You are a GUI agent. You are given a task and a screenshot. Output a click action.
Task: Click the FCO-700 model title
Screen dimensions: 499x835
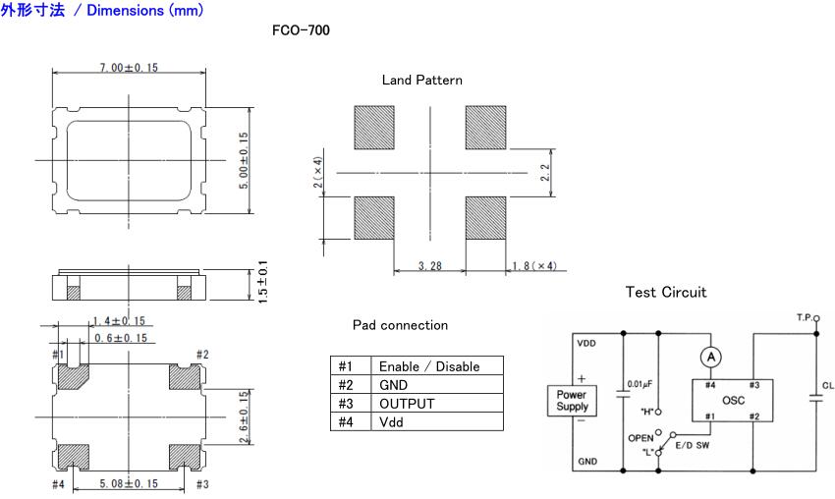pos(301,30)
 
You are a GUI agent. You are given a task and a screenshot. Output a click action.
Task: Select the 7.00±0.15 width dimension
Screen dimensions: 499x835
pos(128,67)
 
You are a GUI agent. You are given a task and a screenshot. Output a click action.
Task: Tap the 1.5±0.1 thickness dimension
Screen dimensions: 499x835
pos(262,282)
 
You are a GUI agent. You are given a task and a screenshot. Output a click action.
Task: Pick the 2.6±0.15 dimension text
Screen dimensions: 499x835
pos(243,417)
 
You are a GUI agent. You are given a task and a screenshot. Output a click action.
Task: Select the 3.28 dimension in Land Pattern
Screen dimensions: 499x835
pos(430,265)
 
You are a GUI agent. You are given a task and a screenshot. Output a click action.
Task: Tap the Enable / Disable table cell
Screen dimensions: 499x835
pos(429,366)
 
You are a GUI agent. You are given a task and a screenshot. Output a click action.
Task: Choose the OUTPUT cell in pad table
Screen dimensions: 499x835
pos(406,404)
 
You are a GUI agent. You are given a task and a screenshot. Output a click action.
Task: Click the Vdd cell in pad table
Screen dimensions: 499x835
pos(392,422)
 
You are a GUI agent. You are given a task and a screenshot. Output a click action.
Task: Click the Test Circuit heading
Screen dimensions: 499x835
pos(665,293)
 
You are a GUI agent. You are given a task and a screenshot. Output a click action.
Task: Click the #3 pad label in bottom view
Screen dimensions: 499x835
pos(202,483)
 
